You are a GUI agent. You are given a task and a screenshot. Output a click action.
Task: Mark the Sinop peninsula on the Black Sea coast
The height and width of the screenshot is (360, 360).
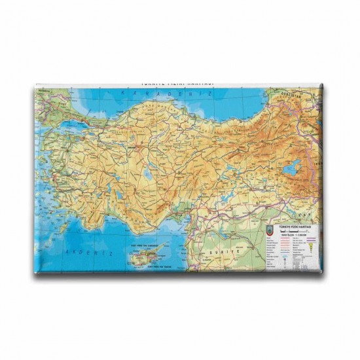(173, 106)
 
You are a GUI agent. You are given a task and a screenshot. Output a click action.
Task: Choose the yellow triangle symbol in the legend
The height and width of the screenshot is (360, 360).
(310, 245)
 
